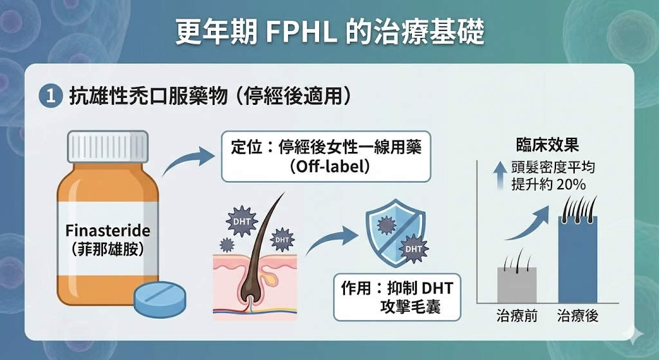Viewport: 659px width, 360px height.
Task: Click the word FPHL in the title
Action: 301,32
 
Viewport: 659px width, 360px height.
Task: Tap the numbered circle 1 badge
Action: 50,97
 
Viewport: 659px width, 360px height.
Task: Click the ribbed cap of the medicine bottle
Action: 108,146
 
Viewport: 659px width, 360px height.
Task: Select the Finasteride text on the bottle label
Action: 108,231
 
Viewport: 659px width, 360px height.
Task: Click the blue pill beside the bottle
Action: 160,299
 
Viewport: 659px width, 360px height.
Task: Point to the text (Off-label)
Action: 329,167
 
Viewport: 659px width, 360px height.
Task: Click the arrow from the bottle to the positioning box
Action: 187,160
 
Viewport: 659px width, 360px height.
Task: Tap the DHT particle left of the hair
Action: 242,221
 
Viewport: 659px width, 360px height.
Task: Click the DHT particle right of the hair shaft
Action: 282,240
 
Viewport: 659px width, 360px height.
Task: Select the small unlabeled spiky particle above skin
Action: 227,245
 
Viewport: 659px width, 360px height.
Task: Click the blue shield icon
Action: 394,232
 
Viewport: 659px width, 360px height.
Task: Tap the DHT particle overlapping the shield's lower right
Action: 413,249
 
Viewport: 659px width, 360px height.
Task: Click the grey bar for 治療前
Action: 517,285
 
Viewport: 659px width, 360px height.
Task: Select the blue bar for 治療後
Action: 578,260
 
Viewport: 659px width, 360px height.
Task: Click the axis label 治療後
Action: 578,316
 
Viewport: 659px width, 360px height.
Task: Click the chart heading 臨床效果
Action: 548,145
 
